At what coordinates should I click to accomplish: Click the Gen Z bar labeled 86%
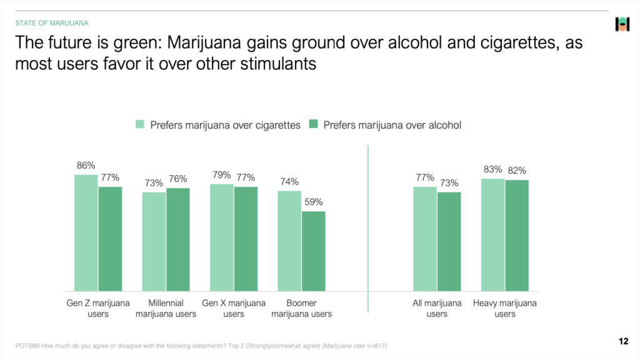pos(86,232)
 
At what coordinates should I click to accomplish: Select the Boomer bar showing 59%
pos(314,251)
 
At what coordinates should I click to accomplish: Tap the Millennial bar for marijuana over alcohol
pos(178,239)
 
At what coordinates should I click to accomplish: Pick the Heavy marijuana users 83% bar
pos(493,234)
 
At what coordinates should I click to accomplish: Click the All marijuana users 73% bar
pos(449,241)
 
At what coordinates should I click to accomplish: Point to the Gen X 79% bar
pos(222,237)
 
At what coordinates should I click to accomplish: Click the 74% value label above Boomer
pos(290,182)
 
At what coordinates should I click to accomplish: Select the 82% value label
pos(517,171)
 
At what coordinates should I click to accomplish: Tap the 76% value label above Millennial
pos(178,179)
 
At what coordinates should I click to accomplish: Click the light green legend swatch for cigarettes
pos(141,125)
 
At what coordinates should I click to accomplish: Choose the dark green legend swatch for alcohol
pos(313,125)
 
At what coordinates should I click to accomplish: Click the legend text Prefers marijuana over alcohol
pos(392,125)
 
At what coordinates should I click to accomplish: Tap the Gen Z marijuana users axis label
pos(98,309)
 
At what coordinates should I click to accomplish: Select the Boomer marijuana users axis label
pos(302,309)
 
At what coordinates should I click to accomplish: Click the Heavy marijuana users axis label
pos(505,309)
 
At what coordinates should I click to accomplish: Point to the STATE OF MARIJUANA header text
pos(52,23)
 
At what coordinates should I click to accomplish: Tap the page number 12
pos(623,341)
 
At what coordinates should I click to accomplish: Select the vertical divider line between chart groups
pos(368,228)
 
